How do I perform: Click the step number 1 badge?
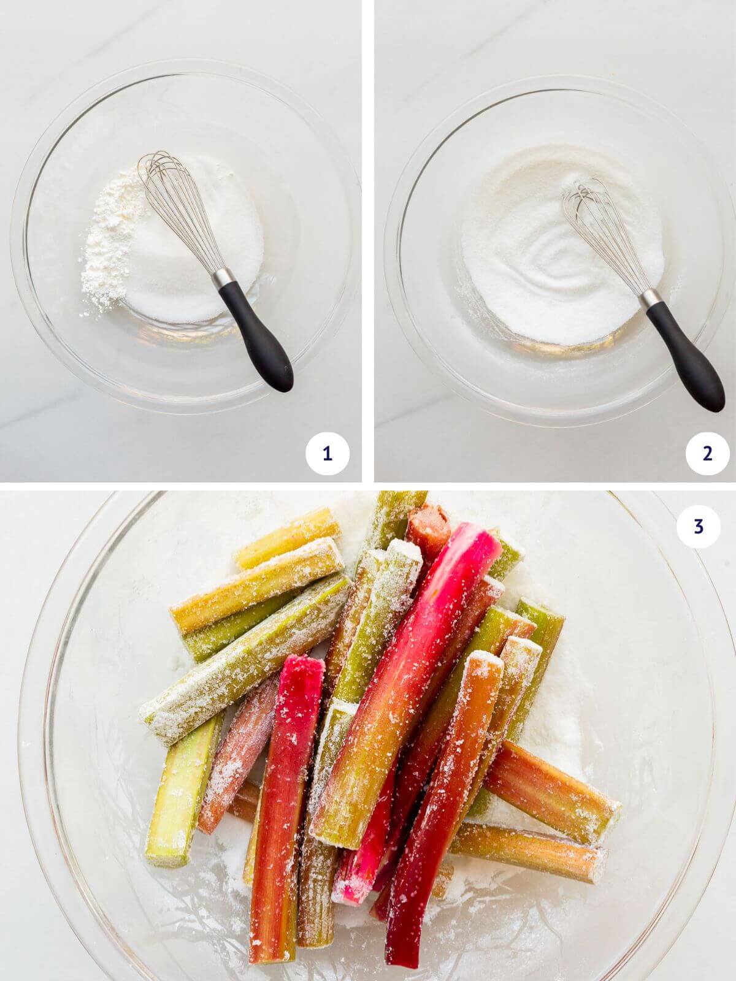pyautogui.click(x=327, y=454)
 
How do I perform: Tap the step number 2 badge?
pyautogui.click(x=708, y=454)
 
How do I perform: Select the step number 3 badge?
pyautogui.click(x=698, y=526)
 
